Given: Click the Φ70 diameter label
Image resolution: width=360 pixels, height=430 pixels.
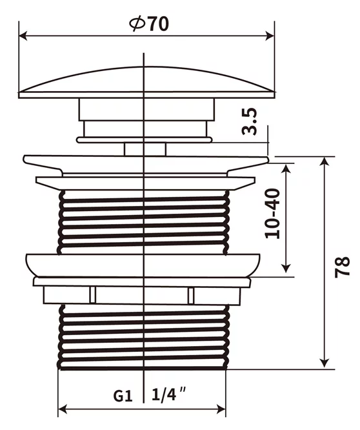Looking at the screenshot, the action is (x=149, y=24).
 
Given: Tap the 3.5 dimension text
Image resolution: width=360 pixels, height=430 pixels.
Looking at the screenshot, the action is (x=250, y=121).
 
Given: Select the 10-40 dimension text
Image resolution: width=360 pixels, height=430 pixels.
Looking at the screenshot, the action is (x=273, y=213).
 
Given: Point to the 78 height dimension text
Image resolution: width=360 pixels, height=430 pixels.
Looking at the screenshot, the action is (x=342, y=267).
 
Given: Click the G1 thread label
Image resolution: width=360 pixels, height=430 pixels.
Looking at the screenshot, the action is (x=123, y=396).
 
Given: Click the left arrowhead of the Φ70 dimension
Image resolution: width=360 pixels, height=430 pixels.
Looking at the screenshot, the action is (x=23, y=36).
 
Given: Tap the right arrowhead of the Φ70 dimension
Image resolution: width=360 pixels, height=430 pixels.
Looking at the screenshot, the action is (x=270, y=36).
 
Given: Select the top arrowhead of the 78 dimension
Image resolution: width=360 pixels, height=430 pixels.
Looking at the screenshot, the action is (x=325, y=161).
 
